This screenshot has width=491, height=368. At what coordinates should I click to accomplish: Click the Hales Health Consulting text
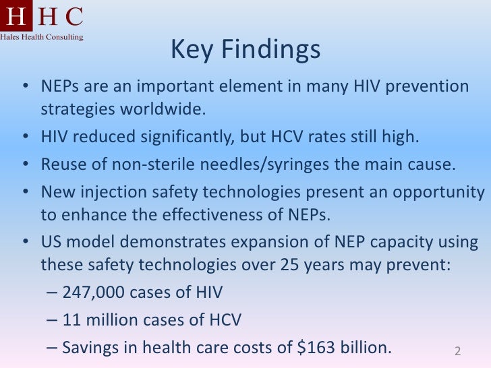tap(42, 36)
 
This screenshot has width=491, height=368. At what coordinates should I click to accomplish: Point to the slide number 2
tap(457, 351)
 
